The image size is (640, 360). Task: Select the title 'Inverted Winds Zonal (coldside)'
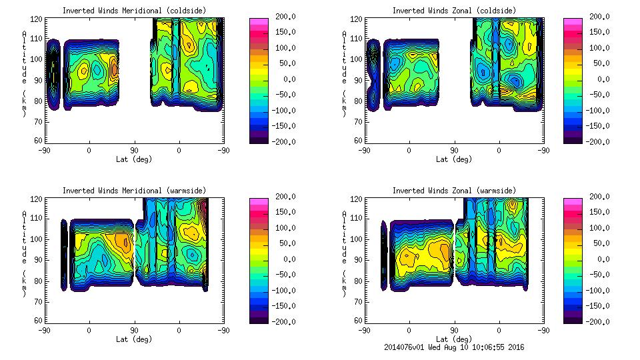(x=454, y=10)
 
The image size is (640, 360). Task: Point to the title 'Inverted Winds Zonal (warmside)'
(x=454, y=190)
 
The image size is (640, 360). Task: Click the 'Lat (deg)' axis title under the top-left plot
(x=134, y=159)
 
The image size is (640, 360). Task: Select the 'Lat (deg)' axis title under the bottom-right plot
(x=454, y=339)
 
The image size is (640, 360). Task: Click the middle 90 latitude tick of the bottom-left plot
(x=134, y=330)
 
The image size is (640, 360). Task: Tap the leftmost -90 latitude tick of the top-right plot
(x=364, y=150)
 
